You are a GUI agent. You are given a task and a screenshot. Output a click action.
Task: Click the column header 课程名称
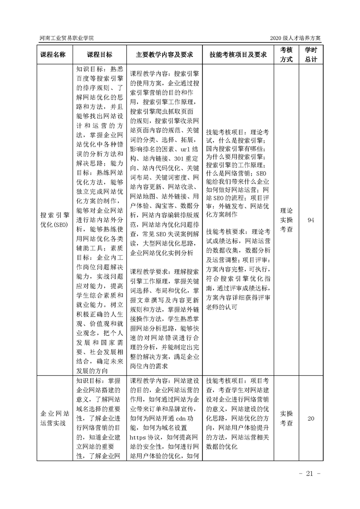click(53, 54)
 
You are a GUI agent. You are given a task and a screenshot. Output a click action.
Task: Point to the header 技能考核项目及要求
click(237, 54)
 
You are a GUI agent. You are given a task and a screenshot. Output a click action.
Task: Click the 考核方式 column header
click(286, 54)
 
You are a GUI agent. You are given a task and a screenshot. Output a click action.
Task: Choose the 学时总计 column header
click(311, 54)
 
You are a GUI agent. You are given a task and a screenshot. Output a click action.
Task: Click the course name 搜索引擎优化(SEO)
click(53, 220)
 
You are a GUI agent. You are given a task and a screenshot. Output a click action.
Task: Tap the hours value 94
click(311, 220)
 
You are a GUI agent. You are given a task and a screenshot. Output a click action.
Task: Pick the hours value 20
click(311, 418)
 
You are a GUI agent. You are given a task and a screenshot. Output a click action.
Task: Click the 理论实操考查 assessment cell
click(286, 220)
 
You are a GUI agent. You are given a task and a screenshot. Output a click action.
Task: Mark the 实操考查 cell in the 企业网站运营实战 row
click(286, 418)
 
